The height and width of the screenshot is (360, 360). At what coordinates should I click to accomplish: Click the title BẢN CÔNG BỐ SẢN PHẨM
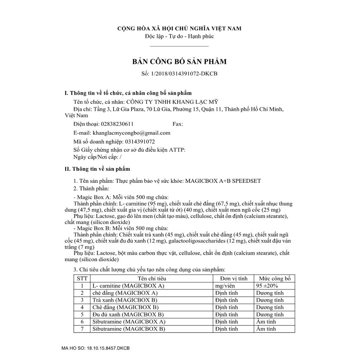(179, 62)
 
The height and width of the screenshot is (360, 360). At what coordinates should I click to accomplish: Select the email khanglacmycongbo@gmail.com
(131, 133)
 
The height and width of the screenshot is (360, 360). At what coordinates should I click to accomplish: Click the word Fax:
(178, 124)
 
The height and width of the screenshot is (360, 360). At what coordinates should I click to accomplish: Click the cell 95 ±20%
(270, 286)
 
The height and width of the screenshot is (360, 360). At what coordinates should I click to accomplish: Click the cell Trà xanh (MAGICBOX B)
(124, 300)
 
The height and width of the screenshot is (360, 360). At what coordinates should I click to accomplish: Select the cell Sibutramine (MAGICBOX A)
(128, 322)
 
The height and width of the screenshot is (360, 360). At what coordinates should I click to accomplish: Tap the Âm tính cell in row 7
(266, 329)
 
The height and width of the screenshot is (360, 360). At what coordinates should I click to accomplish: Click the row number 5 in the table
(82, 315)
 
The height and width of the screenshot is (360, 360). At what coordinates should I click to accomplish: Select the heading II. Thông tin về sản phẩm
(97, 169)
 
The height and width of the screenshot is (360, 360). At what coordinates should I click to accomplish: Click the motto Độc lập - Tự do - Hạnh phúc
(179, 36)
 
